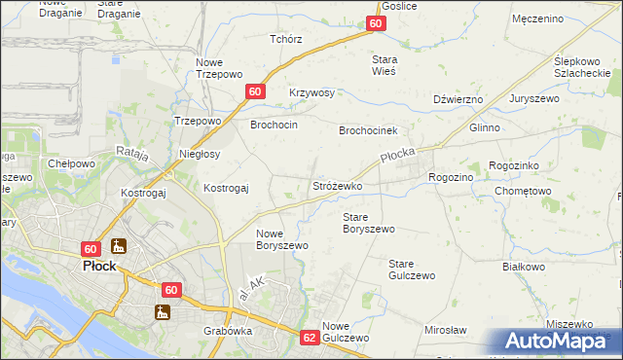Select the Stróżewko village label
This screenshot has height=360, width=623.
click(x=338, y=185)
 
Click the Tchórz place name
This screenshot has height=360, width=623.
click(x=286, y=40)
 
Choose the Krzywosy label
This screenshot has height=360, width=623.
click(x=311, y=93)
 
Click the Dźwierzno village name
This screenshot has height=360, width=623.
click(x=458, y=99)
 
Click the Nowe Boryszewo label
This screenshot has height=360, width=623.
click(x=282, y=239)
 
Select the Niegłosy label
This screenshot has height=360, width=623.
click(x=201, y=154)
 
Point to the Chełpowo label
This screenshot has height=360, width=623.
click(x=71, y=163)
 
